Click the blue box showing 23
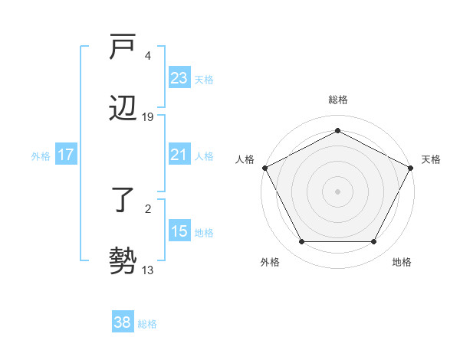tap(179, 78)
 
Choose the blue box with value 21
tap(179, 155)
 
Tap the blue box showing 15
tap(179, 231)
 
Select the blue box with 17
tap(66, 155)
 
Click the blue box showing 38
tap(123, 323)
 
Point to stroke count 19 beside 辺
tap(149, 117)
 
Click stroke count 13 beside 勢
tap(149, 270)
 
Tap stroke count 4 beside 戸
tap(147, 56)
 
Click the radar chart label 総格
tap(337, 100)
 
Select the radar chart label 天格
tap(431, 159)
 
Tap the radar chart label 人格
tap(245, 159)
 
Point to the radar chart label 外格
tap(270, 262)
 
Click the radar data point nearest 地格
tap(374, 242)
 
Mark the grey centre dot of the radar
tap(337, 191)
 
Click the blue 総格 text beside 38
tap(147, 324)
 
